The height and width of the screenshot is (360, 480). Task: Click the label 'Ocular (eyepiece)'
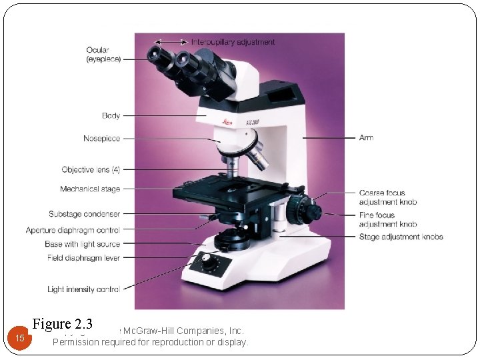point(103,55)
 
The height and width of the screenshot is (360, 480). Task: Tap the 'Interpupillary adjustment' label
point(233,42)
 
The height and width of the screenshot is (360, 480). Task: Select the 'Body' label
point(111,116)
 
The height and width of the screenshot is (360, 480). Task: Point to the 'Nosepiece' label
point(101,139)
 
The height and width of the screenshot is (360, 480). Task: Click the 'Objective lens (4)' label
point(91,170)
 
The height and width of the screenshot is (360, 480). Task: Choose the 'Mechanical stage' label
point(90,189)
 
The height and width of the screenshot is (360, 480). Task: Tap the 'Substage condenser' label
point(84,214)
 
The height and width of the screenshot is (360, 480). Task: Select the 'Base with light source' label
point(82,244)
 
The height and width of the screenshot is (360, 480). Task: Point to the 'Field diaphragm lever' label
point(83,257)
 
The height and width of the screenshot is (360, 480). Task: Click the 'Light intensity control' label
point(83,289)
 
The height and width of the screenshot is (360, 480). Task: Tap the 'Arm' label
point(366,138)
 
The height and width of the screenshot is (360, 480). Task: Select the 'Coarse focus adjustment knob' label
point(387,197)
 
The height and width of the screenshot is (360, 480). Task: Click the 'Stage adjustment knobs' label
point(401,237)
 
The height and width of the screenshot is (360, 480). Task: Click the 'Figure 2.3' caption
point(62,325)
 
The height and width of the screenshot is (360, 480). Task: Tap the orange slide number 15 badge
point(20,338)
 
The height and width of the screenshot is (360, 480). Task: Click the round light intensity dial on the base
point(210,263)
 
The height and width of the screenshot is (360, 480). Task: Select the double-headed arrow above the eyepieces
point(173,42)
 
